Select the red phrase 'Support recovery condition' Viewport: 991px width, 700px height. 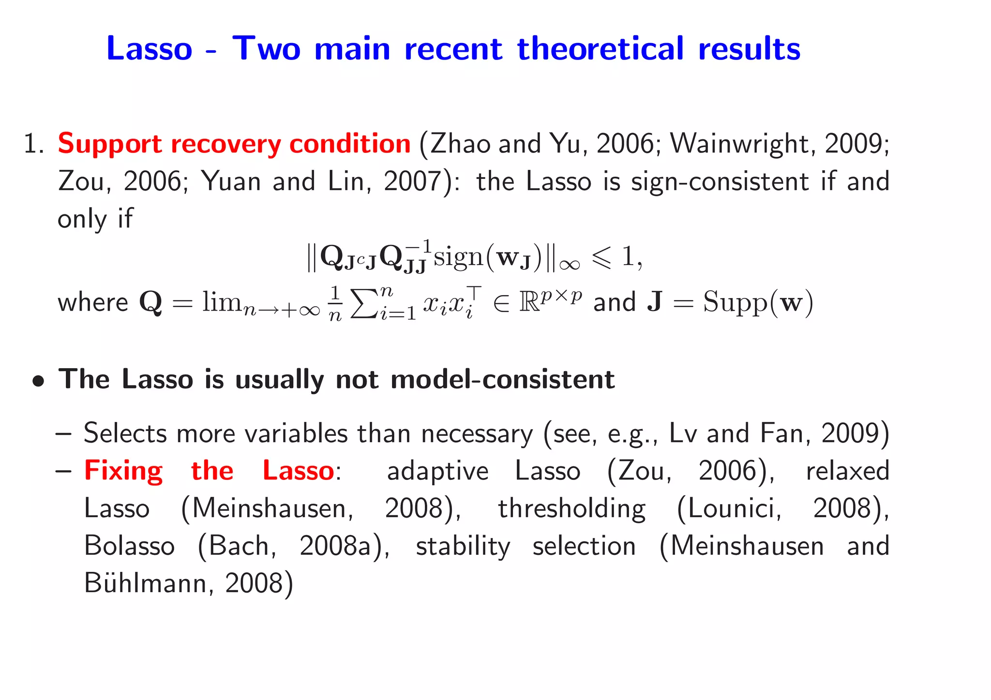tap(234, 144)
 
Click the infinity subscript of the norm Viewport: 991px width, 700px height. tap(569, 264)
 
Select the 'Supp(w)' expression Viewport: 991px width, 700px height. tap(758, 302)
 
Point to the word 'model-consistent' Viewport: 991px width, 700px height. tap(502, 379)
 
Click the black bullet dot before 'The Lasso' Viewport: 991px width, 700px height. tap(39, 381)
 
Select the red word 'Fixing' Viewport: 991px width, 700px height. tap(124, 471)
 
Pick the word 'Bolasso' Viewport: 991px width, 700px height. tap(129, 546)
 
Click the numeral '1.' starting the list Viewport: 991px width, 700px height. tap(34, 144)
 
